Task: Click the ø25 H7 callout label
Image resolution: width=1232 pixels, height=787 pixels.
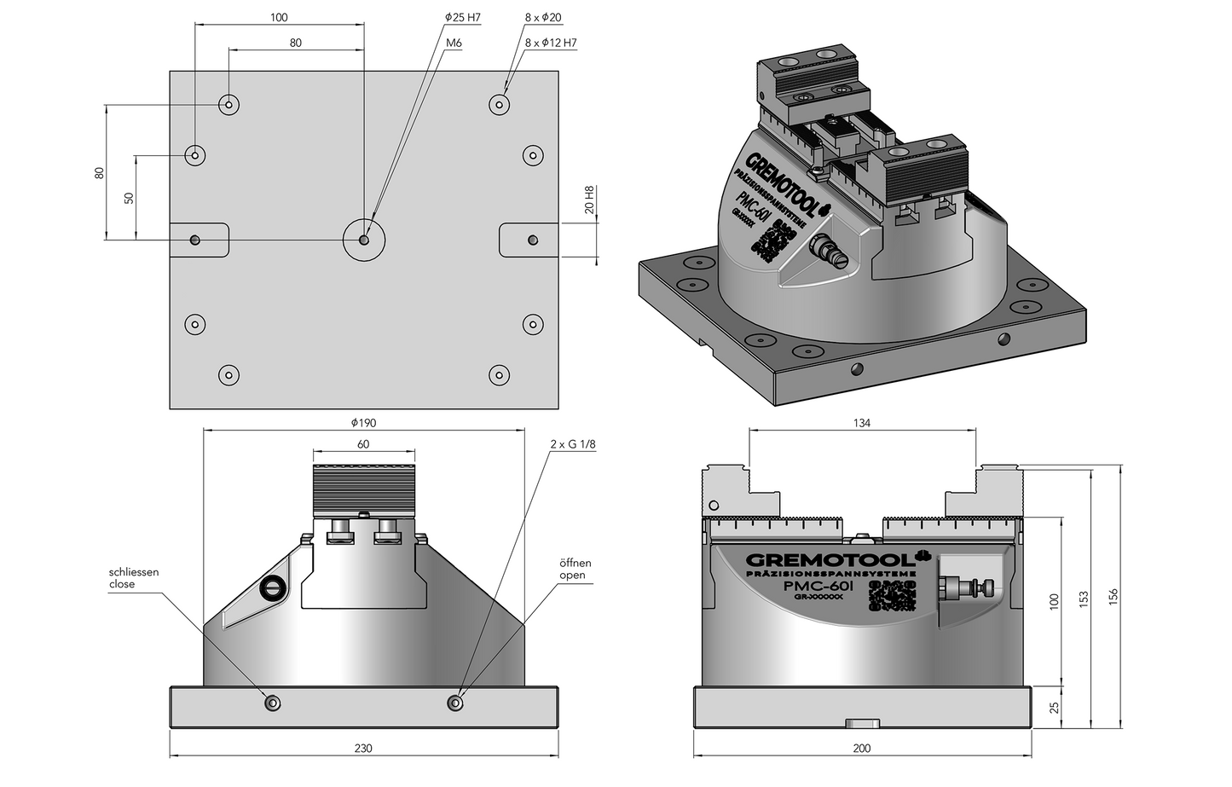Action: [x=462, y=17]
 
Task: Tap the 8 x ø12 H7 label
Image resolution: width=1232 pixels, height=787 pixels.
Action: [x=551, y=42]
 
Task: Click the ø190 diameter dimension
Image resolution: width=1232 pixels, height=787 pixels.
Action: [x=363, y=423]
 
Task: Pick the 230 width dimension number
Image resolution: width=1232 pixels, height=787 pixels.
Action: [x=363, y=749]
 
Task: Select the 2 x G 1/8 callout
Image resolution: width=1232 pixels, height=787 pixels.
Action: [x=573, y=445]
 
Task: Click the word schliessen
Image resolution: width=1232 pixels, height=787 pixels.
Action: [x=134, y=572]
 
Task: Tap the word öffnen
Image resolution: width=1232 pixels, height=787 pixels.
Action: [x=575, y=564]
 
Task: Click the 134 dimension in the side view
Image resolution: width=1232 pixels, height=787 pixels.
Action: [x=861, y=423]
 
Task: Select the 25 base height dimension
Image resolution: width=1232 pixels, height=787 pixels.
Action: [x=1054, y=707]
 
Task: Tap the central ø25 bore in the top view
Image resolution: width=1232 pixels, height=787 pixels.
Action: [x=364, y=240]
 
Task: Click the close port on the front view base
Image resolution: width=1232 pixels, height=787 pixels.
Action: [x=273, y=703]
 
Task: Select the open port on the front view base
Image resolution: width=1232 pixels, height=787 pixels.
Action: [x=454, y=703]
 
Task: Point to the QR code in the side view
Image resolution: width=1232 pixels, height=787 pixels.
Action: [x=889, y=595]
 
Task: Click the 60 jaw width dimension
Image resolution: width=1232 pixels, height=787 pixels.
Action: [x=363, y=444]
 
